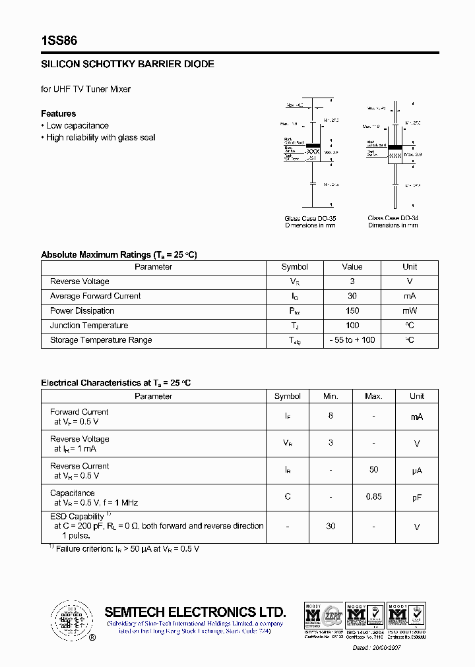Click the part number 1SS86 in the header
point(59,41)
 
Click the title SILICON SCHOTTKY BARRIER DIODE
point(127,65)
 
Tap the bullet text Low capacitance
point(77,126)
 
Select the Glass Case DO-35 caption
point(310,218)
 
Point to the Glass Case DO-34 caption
point(393,218)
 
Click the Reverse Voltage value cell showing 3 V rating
point(352,281)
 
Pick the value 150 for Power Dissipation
point(352,310)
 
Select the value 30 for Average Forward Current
point(352,296)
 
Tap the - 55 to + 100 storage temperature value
point(352,340)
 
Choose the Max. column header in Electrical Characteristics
point(373,396)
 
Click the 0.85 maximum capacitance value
point(373,497)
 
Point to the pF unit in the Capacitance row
point(417,498)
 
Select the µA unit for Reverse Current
point(417,471)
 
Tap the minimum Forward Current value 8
point(331,417)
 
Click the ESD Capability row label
point(78,517)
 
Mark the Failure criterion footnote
point(126,549)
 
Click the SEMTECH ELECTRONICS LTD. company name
point(195,612)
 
